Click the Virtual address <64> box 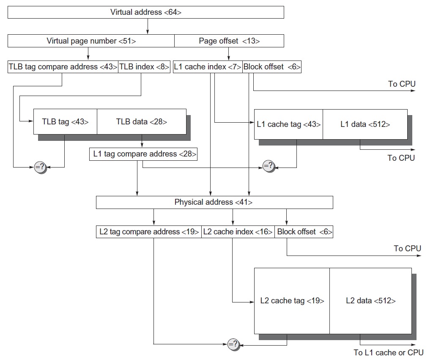pos(146,12)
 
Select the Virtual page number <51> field pos(91,41)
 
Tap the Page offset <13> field pos(229,41)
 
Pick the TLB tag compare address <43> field pos(63,67)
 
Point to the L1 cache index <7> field pos(208,67)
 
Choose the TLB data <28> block pos(141,122)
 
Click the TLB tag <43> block pos(66,122)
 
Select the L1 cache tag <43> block pos(288,124)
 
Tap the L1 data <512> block pos(365,124)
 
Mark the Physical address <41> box pos(214,202)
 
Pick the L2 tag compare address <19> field pos(149,232)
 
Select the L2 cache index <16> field pos(238,232)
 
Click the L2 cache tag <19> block pos(292,301)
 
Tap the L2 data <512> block pos(370,301)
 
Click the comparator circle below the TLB pos(40,168)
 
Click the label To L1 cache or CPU pos(388,352)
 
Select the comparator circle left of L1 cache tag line pos(269,166)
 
